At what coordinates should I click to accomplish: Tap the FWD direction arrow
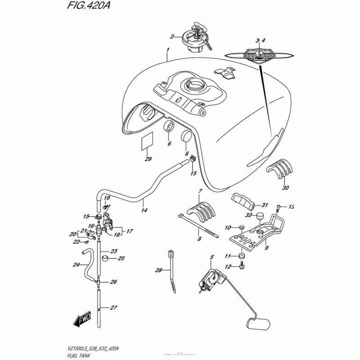(82, 319)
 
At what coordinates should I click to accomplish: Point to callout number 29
(148, 159)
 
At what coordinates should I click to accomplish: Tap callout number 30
(286, 188)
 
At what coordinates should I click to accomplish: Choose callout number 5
(210, 257)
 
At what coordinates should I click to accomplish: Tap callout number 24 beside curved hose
(76, 265)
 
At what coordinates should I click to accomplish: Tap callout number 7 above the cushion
(198, 192)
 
